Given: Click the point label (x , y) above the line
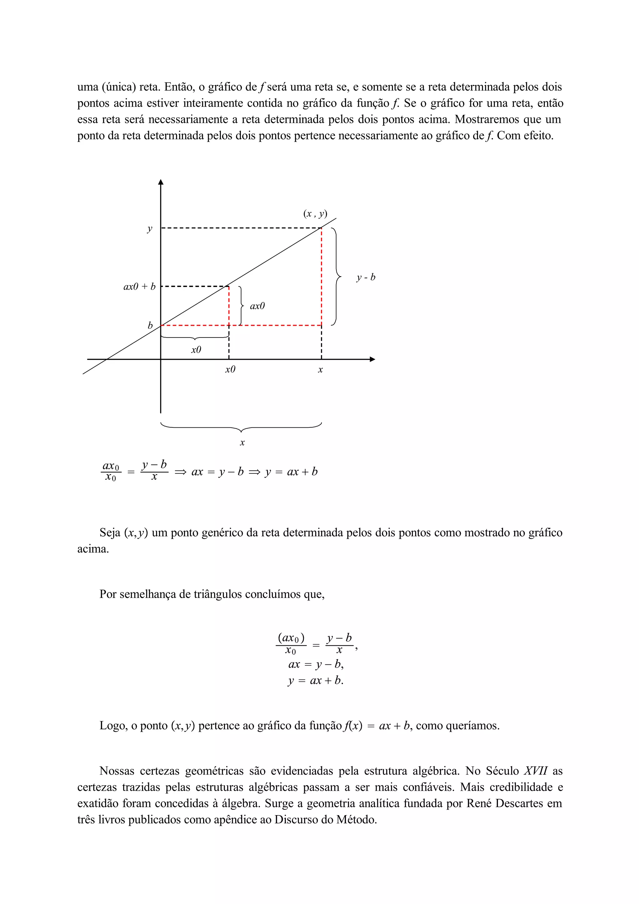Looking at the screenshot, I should (315, 214).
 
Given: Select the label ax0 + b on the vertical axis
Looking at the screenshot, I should (139, 287).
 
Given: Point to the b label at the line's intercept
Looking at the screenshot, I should (150, 326).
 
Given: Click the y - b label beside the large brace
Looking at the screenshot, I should (366, 278).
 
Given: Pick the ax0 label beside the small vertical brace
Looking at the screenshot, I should (257, 306).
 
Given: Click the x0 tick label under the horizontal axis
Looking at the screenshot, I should (230, 369).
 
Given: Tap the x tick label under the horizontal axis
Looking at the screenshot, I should (320, 370).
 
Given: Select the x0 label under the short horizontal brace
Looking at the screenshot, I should (196, 350).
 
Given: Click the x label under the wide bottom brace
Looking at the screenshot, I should (242, 443).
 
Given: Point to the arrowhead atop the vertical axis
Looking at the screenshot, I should (161, 182).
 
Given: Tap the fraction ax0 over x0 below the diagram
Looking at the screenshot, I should (111, 471).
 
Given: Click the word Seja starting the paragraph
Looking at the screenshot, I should (110, 533).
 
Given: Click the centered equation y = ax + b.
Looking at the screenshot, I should (315, 680).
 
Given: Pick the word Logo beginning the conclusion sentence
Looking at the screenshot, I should (113, 725).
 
